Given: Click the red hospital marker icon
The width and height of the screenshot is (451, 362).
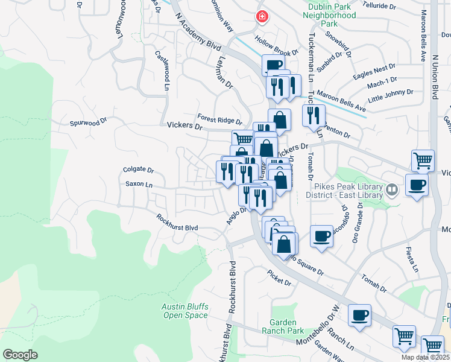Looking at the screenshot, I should tap(261, 17).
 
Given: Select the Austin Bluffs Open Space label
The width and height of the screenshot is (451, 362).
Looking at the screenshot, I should tap(184, 311).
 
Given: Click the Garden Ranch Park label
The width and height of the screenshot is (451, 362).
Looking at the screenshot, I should tap(283, 326).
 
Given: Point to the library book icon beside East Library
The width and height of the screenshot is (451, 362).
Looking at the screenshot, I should tap(393, 191).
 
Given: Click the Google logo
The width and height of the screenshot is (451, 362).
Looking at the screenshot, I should tap(20, 354).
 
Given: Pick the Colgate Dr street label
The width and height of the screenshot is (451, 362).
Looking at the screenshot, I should tap(139, 171).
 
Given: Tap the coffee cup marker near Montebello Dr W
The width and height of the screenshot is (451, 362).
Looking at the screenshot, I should tap(359, 315).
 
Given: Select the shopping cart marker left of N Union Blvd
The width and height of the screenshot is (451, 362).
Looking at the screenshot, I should tap(423, 160).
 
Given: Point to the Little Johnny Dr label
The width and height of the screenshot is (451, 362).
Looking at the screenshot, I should tap(390, 96).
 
